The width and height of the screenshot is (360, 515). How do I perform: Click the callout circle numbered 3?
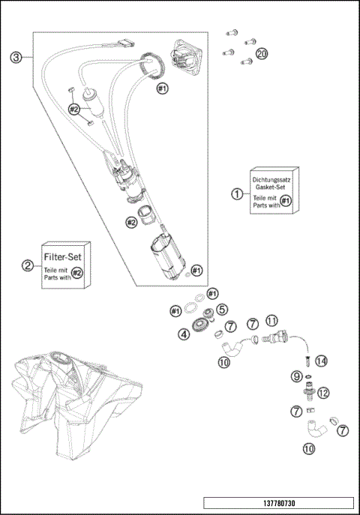(x=16, y=58)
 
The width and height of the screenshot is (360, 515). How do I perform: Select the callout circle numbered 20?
(x=262, y=53)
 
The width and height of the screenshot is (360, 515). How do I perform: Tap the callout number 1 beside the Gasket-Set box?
(x=237, y=194)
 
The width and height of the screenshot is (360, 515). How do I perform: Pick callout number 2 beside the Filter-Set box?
(x=28, y=265)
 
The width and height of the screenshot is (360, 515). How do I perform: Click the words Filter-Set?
(x=62, y=256)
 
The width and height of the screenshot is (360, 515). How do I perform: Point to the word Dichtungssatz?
(x=271, y=180)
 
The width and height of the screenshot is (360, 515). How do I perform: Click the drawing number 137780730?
(x=279, y=503)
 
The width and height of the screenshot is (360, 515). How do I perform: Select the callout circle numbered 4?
(x=184, y=334)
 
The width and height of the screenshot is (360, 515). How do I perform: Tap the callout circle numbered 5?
(x=222, y=309)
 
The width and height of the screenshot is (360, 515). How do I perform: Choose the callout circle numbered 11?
(x=271, y=320)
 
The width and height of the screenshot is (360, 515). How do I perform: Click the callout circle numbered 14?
(x=321, y=361)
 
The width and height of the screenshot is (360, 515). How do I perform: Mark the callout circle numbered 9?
(x=296, y=376)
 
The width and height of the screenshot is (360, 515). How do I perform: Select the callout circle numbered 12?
(x=323, y=393)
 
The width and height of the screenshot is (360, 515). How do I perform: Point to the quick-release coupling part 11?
(x=275, y=337)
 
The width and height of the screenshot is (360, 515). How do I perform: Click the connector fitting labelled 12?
(x=308, y=391)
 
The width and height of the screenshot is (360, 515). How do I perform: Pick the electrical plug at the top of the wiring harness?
(x=126, y=42)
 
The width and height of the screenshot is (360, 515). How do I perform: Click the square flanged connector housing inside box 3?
(x=186, y=55)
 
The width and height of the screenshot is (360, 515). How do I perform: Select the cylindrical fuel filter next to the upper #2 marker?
(x=94, y=103)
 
